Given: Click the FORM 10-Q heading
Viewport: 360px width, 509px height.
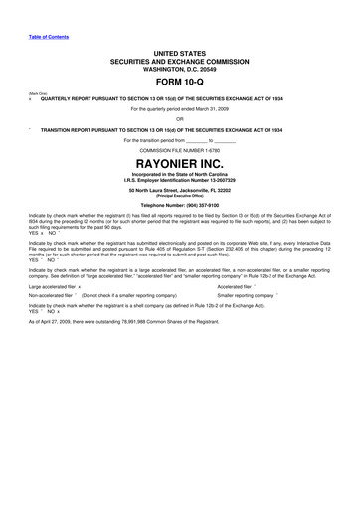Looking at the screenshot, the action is pos(180,83).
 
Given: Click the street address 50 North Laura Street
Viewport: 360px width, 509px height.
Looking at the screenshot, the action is pos(149,200).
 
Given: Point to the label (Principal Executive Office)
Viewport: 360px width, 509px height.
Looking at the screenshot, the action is pos(180,206).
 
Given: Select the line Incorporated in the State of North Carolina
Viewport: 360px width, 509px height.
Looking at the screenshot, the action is pos(180,183).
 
